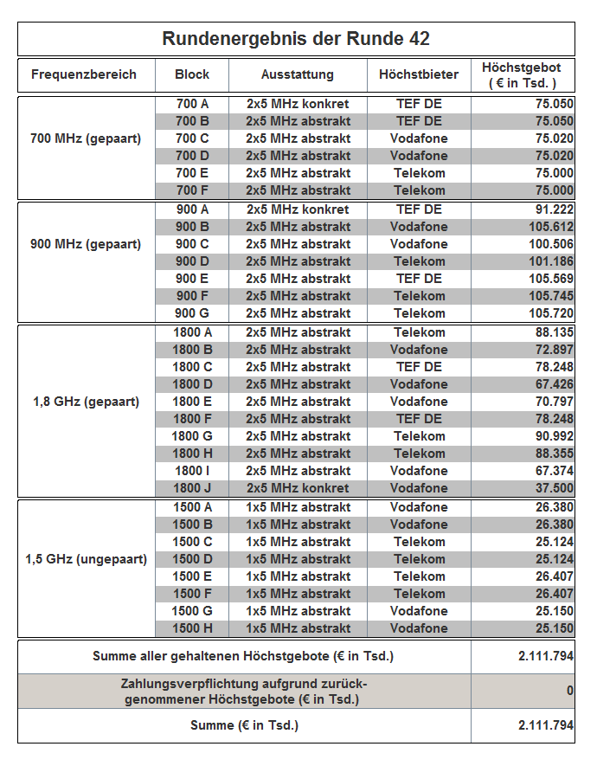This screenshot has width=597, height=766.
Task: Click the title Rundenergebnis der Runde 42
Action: click(296, 39)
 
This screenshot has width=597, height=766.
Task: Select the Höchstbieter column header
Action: click(418, 74)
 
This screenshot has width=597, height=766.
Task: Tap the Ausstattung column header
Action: click(298, 74)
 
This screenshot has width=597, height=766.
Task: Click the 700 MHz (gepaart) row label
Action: click(86, 138)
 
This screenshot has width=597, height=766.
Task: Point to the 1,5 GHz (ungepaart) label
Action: click(86, 559)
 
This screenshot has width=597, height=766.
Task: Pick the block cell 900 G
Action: click(192, 313)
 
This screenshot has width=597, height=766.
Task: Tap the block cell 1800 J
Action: click(192, 488)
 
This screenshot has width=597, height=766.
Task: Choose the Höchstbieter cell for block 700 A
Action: click(419, 104)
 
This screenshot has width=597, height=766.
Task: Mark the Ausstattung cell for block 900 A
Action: click(298, 209)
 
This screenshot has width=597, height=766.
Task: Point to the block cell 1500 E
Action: click(192, 576)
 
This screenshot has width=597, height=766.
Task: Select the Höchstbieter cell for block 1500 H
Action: click(419, 628)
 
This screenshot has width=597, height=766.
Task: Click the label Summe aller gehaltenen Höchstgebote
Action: click(243, 656)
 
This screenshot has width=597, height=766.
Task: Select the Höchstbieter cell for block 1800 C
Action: click(419, 367)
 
